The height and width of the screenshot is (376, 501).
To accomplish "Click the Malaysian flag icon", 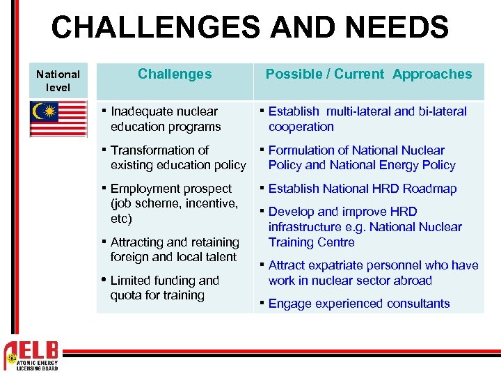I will point(58,118).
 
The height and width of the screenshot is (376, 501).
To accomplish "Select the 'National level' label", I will point(58,81).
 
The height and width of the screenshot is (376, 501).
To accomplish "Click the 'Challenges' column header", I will point(175,74).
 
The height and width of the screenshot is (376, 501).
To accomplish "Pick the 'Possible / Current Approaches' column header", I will point(369,74).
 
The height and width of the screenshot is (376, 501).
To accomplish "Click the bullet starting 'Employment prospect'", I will point(174,203).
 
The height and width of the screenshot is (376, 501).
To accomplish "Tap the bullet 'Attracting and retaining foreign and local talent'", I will point(174,249).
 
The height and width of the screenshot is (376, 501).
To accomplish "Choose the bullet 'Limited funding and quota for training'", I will point(164,288).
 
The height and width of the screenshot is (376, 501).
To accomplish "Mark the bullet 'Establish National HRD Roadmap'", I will point(362,189).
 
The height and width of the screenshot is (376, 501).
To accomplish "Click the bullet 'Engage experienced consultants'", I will point(358,304).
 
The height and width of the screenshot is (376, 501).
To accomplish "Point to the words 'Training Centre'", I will point(311,242).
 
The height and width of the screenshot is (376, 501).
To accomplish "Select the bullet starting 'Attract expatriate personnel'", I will point(372,273).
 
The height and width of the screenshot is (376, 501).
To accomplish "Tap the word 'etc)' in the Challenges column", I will point(121,219).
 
